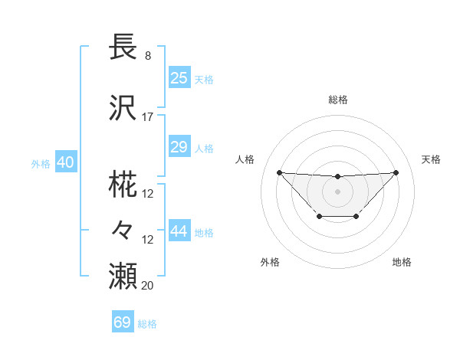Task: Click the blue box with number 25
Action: (179, 78)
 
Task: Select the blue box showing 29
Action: (179, 147)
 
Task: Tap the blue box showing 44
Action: (179, 232)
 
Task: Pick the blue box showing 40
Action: (65, 162)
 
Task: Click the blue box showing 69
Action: (123, 322)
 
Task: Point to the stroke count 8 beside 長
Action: (148, 56)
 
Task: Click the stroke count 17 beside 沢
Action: (148, 117)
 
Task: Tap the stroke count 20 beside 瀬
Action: (148, 286)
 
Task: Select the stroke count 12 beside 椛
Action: (148, 194)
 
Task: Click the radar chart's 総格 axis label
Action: (338, 100)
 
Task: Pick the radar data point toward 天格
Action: (396, 172)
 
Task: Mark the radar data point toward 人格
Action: (279, 172)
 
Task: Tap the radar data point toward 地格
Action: (356, 217)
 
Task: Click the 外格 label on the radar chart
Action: (270, 262)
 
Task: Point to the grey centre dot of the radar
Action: (337, 190)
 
